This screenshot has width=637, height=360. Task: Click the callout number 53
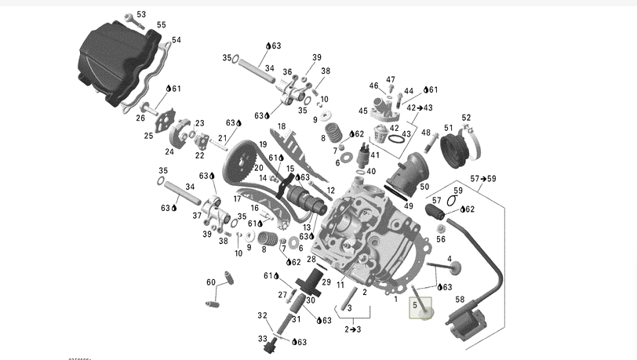(141, 15)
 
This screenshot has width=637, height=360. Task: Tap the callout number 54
(176, 40)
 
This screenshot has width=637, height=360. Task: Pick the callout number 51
(449, 128)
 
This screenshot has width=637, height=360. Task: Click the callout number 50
(424, 187)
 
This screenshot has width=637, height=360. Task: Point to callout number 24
(169, 151)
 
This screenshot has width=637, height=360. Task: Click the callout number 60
(211, 282)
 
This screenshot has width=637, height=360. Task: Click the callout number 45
(363, 111)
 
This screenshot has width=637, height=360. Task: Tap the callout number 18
(281, 126)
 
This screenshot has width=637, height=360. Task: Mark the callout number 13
(307, 227)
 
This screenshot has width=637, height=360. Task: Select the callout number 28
(311, 259)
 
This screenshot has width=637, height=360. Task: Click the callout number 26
(140, 118)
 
